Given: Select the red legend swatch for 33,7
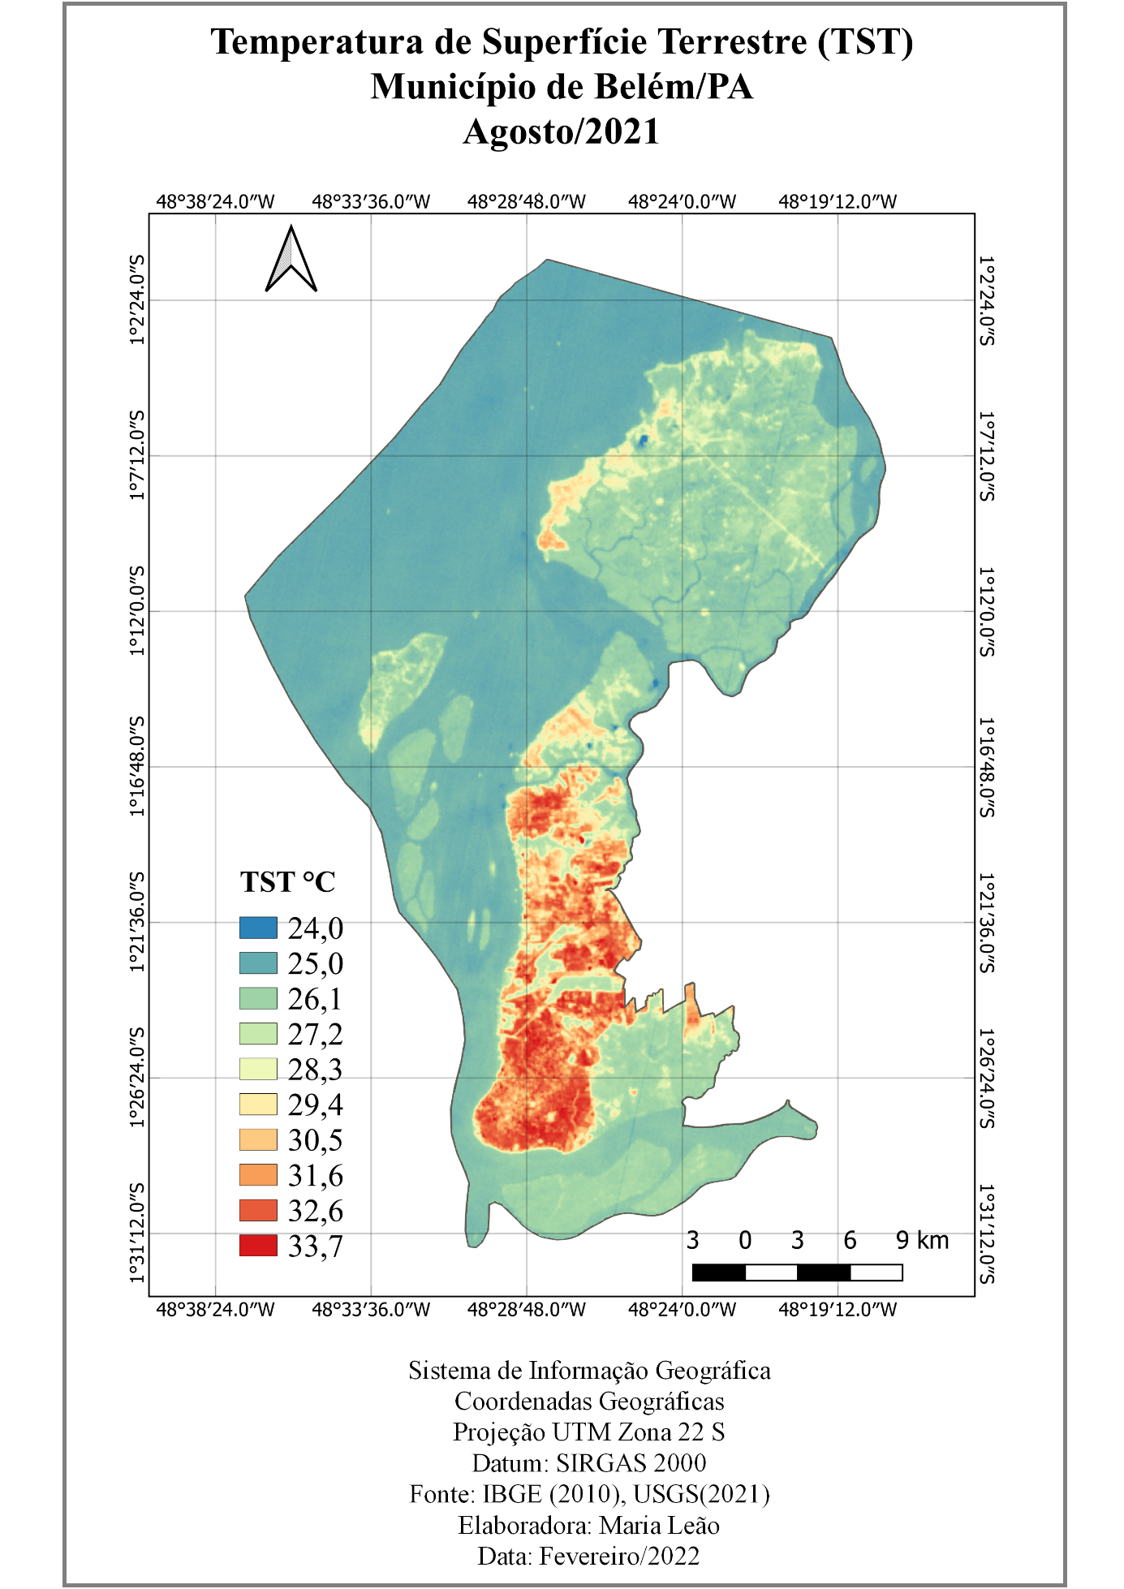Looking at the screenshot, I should pyautogui.click(x=258, y=1245).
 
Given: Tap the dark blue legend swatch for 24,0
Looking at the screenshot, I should pyautogui.click(x=258, y=928).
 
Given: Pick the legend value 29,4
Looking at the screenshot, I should pyautogui.click(x=315, y=1105).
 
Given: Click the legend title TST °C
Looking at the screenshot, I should pyautogui.click(x=287, y=882).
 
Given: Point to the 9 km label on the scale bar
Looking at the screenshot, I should pyautogui.click(x=922, y=1240).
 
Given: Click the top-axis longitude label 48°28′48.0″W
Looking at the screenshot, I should pyautogui.click(x=526, y=201).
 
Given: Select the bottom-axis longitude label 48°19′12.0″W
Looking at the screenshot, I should pyautogui.click(x=838, y=1310).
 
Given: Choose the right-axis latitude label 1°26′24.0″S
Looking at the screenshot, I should pyautogui.click(x=986, y=1078).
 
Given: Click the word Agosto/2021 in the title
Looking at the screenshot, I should pyautogui.click(x=561, y=131).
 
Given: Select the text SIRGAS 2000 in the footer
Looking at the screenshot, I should pyautogui.click(x=631, y=1463).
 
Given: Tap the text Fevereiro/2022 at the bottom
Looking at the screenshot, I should pyautogui.click(x=619, y=1557).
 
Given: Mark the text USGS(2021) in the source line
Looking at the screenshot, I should pyautogui.click(x=701, y=1494).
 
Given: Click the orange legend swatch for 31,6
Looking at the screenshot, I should pyautogui.click(x=258, y=1174).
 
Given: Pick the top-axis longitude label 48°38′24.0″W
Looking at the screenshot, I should pyautogui.click(x=215, y=201).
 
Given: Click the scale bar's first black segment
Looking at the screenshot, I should pyautogui.click(x=718, y=1272).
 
